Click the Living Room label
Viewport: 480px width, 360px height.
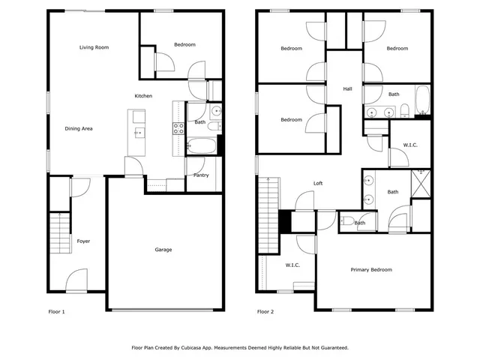coord(94,47)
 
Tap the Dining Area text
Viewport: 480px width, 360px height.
coord(79,129)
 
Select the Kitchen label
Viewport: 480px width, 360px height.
coord(143,96)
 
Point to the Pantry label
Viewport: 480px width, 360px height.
coord(201,175)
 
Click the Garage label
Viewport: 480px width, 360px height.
coord(164,250)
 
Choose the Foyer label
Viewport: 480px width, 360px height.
coord(83,241)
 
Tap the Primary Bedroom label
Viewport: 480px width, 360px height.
coord(371,270)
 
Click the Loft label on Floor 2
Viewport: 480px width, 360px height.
coord(318,183)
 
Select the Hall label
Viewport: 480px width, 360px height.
coord(347,89)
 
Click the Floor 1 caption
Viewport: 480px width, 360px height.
coord(57,311)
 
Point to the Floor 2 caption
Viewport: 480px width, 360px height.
coord(265,311)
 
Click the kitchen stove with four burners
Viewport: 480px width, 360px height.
coord(178,128)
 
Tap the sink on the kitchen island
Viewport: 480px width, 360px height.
coord(138,133)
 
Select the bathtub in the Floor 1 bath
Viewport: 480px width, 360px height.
coord(201,145)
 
